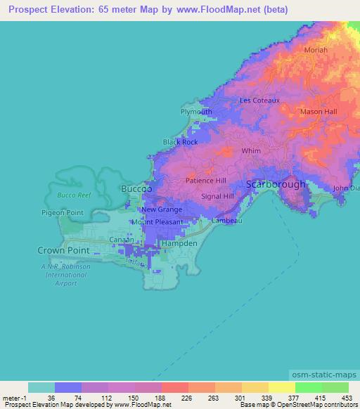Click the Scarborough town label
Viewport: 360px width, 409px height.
point(276,184)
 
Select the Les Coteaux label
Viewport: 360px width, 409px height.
point(260,100)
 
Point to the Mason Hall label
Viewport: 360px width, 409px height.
point(319,112)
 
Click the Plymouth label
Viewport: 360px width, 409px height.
point(196,112)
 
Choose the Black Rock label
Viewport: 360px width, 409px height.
point(181,142)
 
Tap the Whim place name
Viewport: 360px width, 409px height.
point(251,150)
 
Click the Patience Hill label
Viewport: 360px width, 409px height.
point(206,181)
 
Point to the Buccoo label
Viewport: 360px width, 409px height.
point(136,190)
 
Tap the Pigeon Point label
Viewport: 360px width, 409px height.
point(63,212)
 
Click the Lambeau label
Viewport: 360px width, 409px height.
point(226,221)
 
